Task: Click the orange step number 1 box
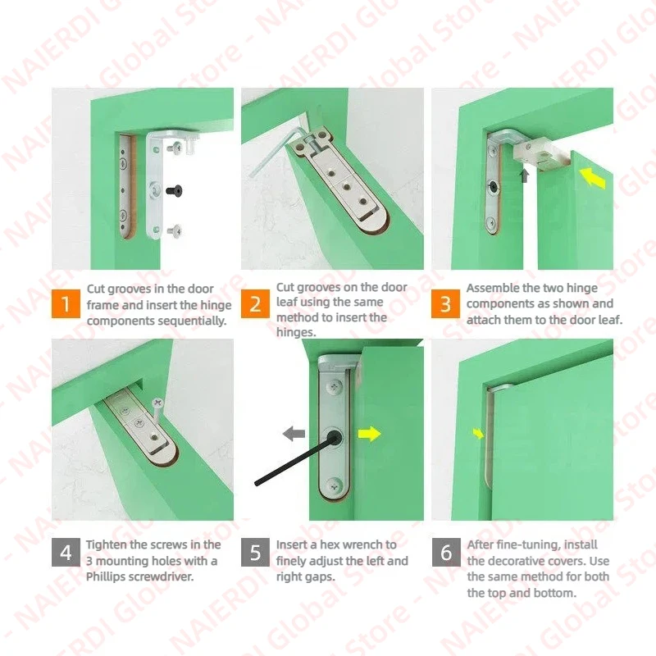[66, 303]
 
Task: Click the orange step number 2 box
[255, 303]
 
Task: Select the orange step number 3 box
[445, 303]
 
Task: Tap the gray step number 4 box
[66, 552]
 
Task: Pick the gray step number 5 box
[255, 552]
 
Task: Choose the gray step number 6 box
[446, 552]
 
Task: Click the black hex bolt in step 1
[174, 190]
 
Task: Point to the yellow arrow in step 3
[593, 178]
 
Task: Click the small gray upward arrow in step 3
[524, 175]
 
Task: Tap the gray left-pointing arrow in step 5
[294, 434]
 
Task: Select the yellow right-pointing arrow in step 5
[370, 434]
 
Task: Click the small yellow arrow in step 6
[478, 434]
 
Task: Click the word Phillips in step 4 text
[106, 577]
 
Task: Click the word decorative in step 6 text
[517, 561]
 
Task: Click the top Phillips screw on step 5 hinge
[335, 386]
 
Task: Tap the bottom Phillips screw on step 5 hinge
[335, 485]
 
